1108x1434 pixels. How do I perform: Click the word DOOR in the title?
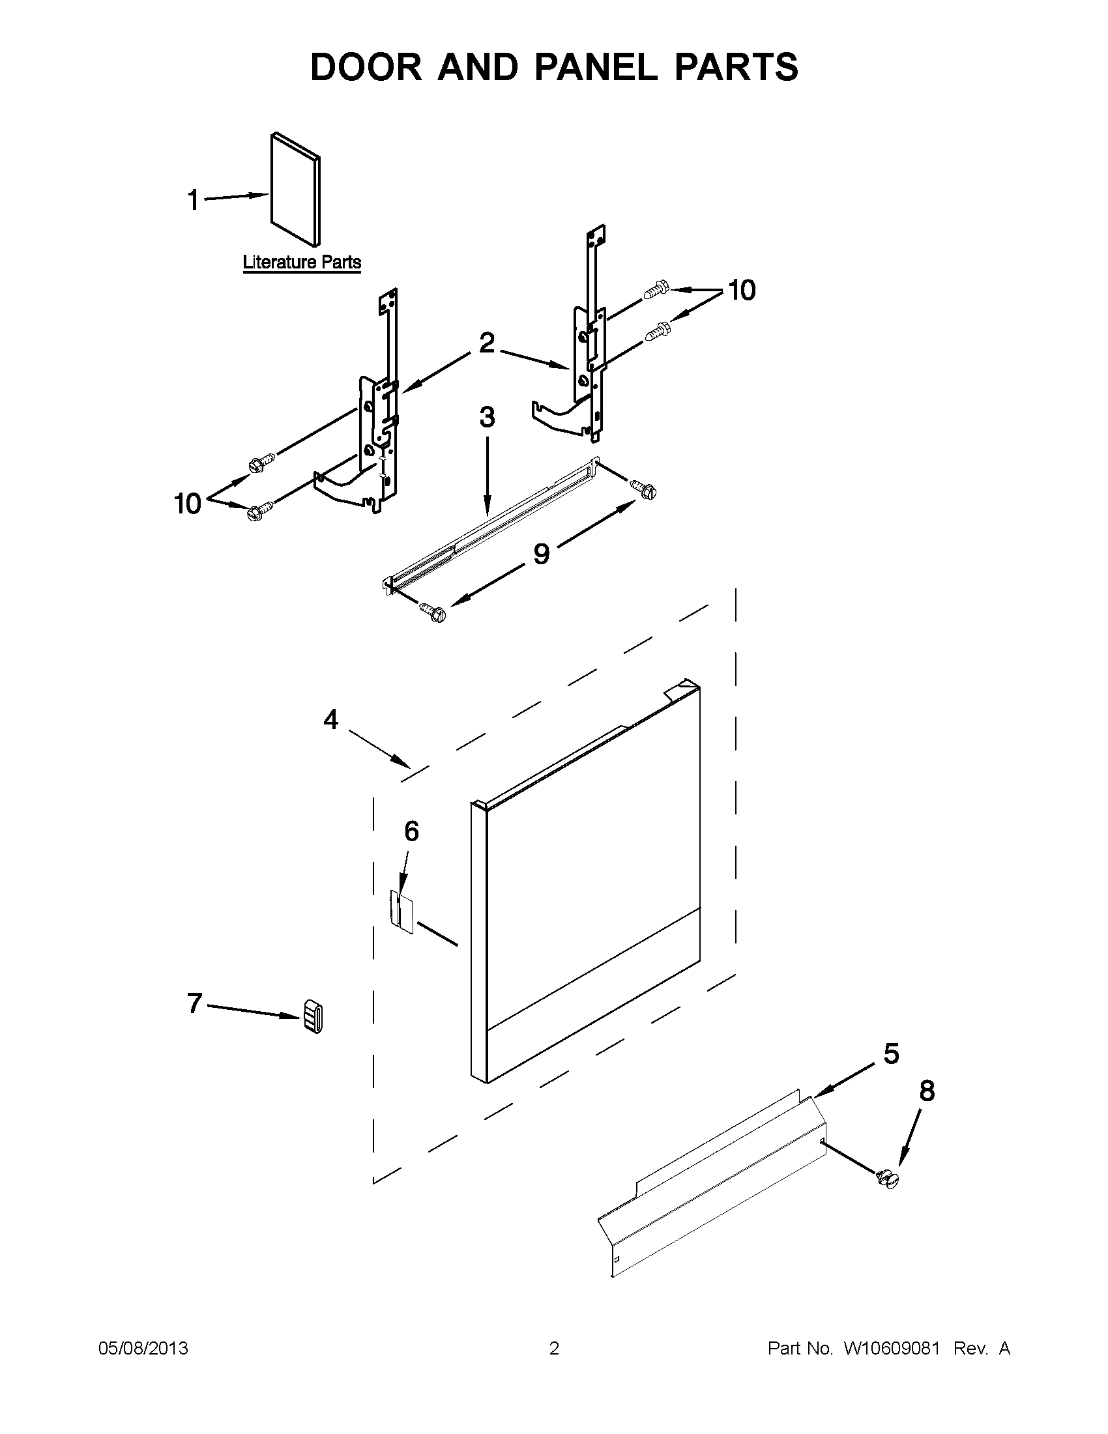[366, 67]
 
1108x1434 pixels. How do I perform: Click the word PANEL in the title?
[596, 67]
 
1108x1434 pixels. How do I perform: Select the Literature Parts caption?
[302, 263]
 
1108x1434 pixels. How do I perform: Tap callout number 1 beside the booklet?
[193, 200]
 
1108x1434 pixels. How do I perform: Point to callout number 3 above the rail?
[487, 418]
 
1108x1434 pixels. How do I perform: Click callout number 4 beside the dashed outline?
[331, 721]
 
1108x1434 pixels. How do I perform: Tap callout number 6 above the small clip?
[411, 831]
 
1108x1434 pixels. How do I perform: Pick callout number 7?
[194, 1003]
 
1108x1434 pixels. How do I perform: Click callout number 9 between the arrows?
[540, 554]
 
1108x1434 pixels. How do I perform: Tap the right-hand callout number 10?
[742, 290]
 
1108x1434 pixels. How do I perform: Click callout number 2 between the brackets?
[486, 343]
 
